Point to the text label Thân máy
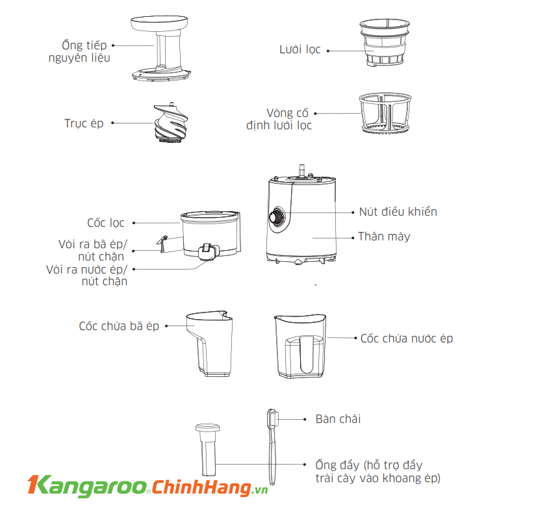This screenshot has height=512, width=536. point(384,237)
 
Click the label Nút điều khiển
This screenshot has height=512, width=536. point(398,212)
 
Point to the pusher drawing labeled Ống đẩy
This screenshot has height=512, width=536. point(208,452)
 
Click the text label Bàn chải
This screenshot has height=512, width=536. point(338,419)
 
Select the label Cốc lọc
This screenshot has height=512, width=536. point(106,223)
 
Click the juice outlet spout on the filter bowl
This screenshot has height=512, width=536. point(206,251)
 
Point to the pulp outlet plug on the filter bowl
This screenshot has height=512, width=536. point(162,243)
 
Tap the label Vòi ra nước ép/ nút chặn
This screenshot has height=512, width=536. point(88,275)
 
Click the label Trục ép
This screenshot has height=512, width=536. point(84,123)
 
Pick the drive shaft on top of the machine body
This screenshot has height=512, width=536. point(301,170)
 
